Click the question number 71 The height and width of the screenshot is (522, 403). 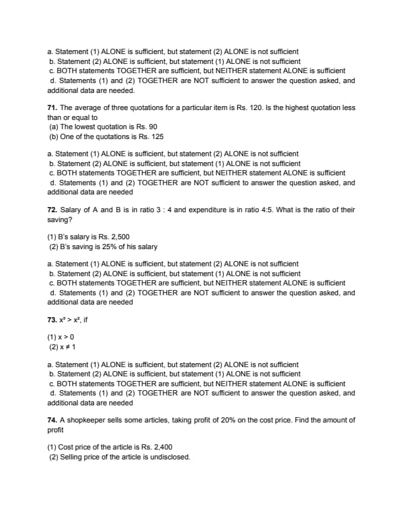click(53, 107)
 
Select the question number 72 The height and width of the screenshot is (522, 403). click(53, 210)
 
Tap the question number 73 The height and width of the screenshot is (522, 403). click(53, 328)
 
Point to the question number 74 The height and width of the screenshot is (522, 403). click(53, 420)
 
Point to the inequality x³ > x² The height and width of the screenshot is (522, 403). click(74, 328)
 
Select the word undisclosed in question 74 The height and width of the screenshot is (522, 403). click(169, 456)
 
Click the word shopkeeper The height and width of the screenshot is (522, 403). click(88, 420)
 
